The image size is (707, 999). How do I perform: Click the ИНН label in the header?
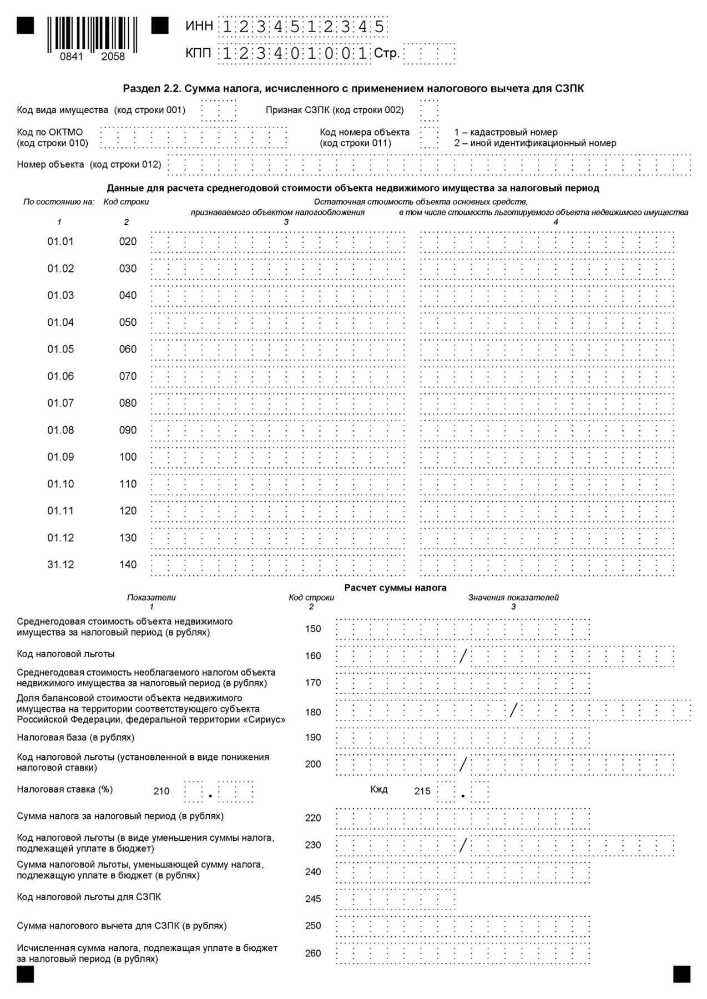(199, 26)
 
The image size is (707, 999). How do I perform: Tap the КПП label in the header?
(199, 53)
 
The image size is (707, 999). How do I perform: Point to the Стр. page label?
(386, 54)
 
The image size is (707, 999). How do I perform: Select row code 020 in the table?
(128, 241)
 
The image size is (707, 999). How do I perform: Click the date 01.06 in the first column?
(60, 376)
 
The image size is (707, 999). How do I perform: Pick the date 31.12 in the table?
(60, 564)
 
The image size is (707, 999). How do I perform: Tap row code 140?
(128, 564)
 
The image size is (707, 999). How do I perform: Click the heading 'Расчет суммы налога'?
(395, 588)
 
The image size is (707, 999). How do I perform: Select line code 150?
(313, 629)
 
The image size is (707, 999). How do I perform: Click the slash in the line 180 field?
(513, 710)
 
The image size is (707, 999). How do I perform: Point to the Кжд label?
(379, 789)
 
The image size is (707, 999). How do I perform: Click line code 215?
(422, 791)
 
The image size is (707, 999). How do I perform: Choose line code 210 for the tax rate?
(161, 791)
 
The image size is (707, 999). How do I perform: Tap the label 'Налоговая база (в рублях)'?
(75, 737)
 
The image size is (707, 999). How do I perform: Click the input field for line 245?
(395, 899)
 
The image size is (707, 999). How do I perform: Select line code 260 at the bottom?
(313, 953)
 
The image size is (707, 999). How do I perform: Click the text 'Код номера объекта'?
(364, 132)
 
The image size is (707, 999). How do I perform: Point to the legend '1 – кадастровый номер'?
(506, 132)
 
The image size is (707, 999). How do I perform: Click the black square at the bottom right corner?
(681, 974)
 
